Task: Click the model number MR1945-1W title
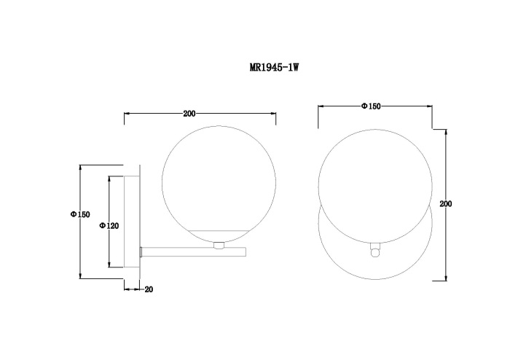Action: (x=274, y=67)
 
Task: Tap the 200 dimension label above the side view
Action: (x=189, y=114)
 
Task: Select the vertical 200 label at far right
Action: (x=446, y=204)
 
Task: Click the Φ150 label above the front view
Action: (x=371, y=106)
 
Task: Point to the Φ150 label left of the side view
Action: (x=80, y=214)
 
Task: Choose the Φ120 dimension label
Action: (x=109, y=225)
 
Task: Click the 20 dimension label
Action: (x=149, y=289)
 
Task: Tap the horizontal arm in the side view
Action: (x=193, y=252)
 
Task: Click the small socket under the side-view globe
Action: (x=219, y=245)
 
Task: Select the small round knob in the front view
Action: (x=375, y=252)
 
